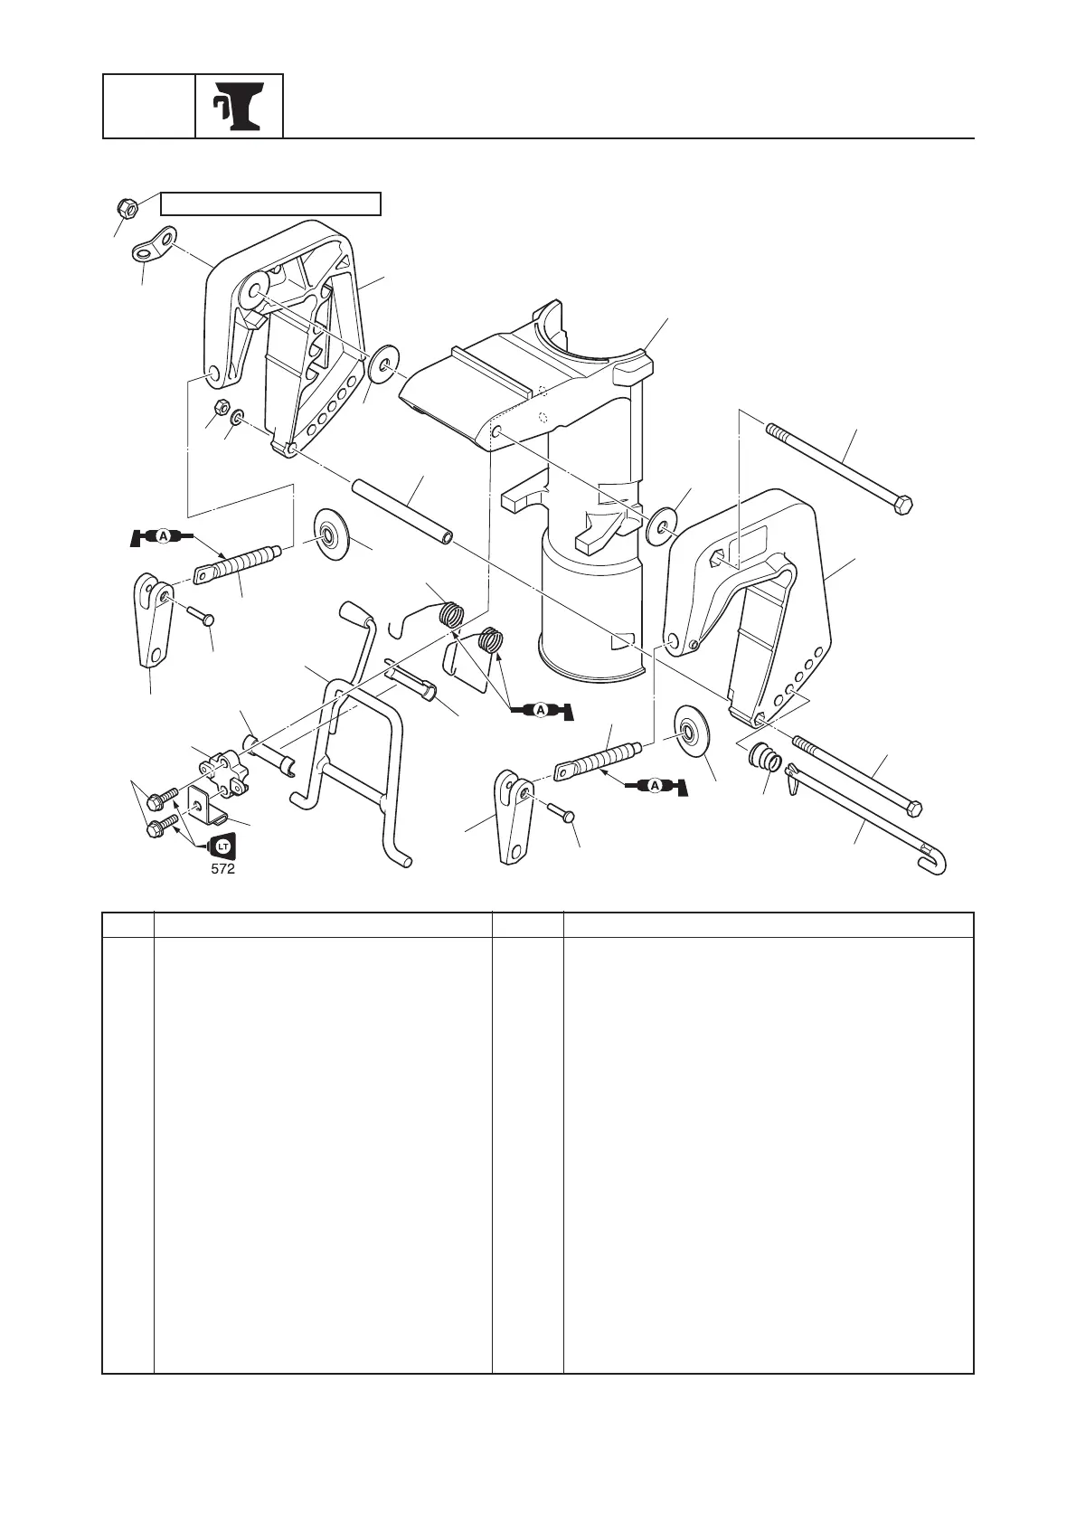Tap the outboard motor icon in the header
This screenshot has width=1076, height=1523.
[x=239, y=107]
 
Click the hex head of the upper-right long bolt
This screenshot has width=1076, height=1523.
[x=902, y=503]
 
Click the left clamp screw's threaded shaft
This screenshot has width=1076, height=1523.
[x=239, y=563]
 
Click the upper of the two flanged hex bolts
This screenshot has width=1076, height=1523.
[x=165, y=799]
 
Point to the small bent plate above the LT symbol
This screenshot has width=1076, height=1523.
[x=206, y=804]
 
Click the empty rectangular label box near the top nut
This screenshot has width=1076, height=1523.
[x=270, y=203]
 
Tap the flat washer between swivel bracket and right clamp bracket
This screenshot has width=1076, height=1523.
[x=663, y=525]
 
